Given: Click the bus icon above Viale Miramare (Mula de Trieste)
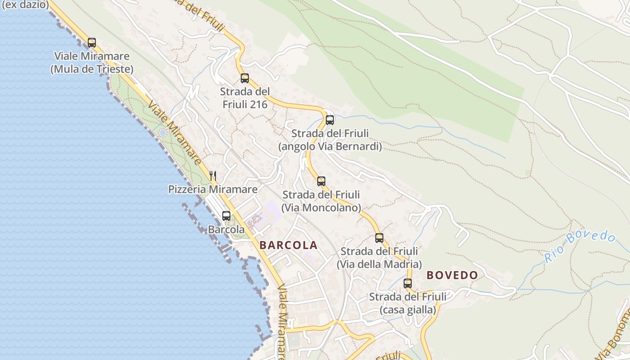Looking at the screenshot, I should pos(92,43).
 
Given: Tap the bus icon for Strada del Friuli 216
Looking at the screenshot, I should pos(245,78).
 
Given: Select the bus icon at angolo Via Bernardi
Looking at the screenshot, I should pos(330,120).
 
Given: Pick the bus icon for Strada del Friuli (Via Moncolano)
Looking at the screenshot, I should pos(321,181).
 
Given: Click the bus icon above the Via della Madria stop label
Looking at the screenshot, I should pos(379,238).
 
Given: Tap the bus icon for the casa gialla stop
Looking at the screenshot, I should pos(408,283).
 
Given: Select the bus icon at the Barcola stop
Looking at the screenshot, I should pos(226,216).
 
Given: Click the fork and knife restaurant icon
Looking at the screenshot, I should pos(213,175).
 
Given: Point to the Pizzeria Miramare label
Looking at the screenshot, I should pos(213,189).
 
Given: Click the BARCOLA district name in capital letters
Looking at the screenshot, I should pos(288,245).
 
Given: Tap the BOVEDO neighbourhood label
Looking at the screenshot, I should pos(452,275).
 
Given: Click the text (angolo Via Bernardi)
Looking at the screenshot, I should pos(330,147).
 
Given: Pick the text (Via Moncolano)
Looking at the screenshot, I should pos(321,208).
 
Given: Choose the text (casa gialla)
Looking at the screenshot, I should pos(408,310).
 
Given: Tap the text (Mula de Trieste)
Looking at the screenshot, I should pos(92,69).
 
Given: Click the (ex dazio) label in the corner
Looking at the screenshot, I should pos(25,5).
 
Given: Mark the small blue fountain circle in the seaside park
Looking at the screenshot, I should pos(162,133).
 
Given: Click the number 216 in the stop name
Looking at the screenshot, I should pos(258,105).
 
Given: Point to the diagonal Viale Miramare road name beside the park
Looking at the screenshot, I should pos(174,134).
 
